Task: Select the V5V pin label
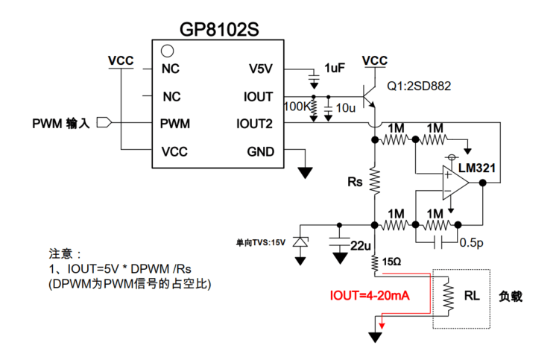[x=261, y=69]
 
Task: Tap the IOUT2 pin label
[x=254, y=123]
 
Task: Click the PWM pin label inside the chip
[x=174, y=123]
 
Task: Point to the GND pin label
[x=260, y=152]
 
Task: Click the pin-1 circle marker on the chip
[x=168, y=51]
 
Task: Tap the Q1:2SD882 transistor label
[x=419, y=86]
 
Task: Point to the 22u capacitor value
[x=360, y=246]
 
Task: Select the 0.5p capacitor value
[x=471, y=242]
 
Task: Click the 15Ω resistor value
[x=392, y=262]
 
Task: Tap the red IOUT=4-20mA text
[x=370, y=296]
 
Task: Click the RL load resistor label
[x=471, y=295]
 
